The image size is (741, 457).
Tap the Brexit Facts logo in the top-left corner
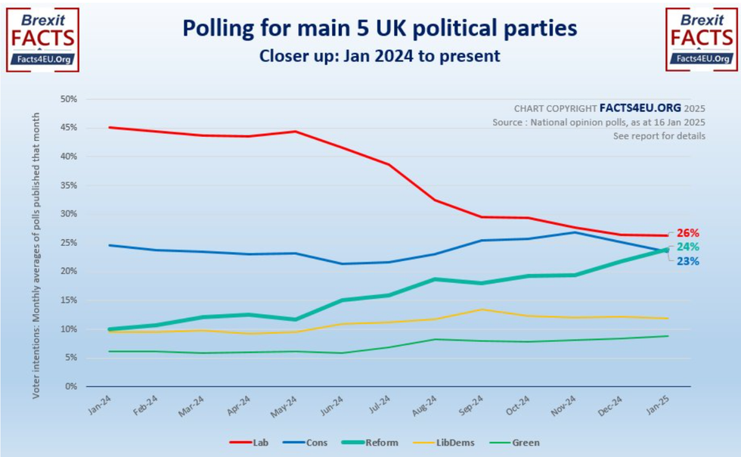tap(42, 39)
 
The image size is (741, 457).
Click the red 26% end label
tap(687, 233)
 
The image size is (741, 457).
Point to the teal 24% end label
tap(687, 247)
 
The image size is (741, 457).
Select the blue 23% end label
tap(687, 261)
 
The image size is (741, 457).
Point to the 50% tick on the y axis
tap(69, 99)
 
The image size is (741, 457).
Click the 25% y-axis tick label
tap(69, 243)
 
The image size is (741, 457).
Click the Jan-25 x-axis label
tap(657, 403)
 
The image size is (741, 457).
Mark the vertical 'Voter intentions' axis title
tap(36, 242)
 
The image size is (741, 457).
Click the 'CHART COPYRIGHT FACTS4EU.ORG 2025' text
tap(609, 108)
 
